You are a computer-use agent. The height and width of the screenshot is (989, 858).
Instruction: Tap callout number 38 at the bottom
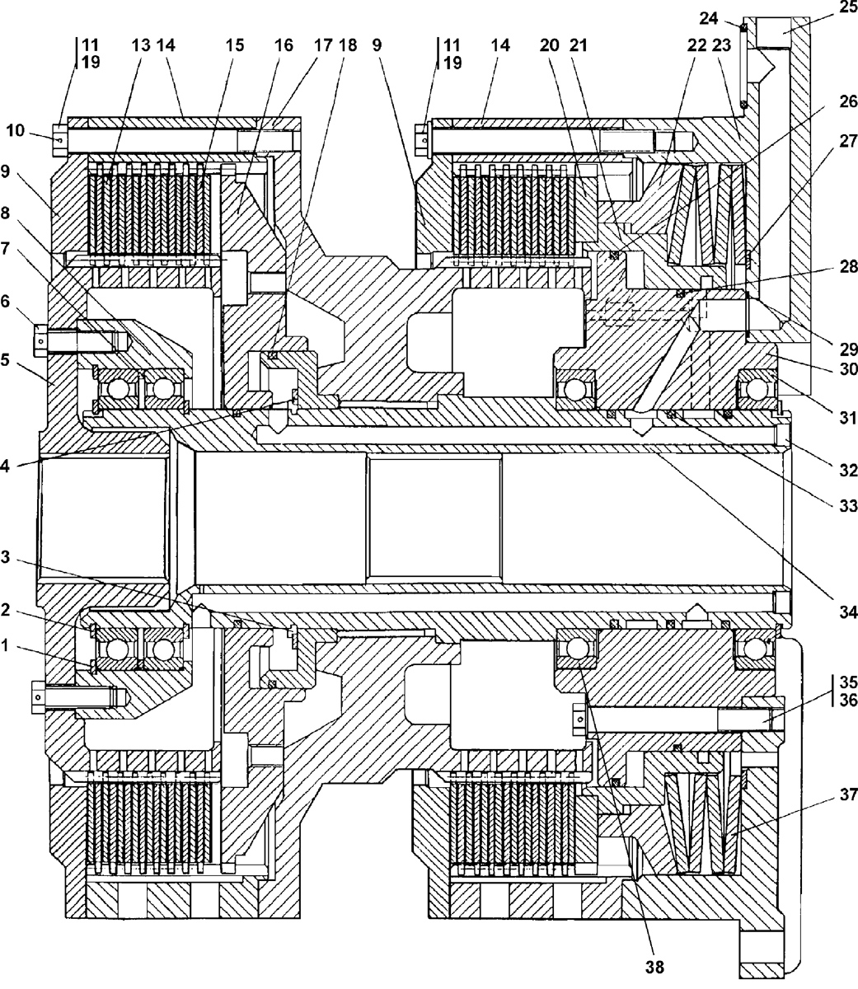(655, 965)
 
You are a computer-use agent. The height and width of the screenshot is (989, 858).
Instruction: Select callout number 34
(847, 612)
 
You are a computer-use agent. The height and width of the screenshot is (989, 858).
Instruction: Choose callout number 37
(847, 795)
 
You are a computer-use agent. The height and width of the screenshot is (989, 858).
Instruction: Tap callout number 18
(348, 46)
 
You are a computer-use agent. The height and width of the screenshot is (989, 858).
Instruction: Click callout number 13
(142, 46)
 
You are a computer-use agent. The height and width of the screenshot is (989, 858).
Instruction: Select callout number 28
(847, 267)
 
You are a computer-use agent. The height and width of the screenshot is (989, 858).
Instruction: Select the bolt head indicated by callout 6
(40, 337)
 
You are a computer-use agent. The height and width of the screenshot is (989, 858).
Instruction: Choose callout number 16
(284, 46)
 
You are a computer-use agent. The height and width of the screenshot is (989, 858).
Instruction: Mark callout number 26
(847, 102)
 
